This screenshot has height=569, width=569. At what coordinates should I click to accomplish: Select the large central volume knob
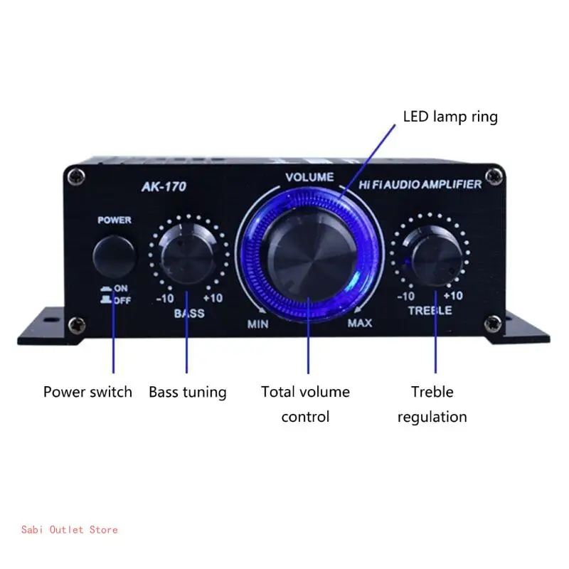(309, 253)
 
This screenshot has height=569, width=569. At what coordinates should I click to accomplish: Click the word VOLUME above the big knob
(309, 176)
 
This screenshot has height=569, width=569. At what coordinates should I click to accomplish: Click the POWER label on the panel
(115, 220)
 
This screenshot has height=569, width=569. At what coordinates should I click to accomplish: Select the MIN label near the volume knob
(257, 324)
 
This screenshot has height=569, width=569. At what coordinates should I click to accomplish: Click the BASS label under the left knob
(188, 313)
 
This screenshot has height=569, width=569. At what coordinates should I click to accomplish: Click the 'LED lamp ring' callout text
(450, 117)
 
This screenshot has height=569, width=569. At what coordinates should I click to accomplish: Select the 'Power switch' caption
(87, 392)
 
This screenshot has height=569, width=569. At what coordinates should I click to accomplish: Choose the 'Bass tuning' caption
(188, 392)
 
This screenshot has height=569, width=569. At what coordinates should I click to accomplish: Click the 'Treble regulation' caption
(432, 404)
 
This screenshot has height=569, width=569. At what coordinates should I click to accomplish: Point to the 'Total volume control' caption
(305, 404)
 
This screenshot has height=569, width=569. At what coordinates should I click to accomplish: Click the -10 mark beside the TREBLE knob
(405, 296)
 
